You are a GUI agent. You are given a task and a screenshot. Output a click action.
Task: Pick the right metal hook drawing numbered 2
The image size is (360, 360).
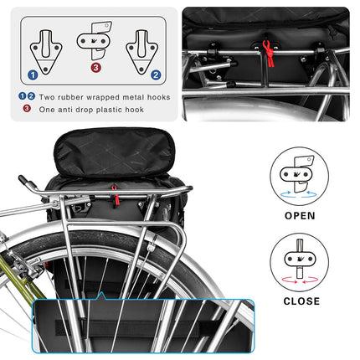(x=141, y=49)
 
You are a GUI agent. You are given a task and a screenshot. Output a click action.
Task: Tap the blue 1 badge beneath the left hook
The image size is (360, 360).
(x=32, y=74)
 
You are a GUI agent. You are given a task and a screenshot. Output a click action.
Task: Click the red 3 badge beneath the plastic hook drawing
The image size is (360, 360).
(x=95, y=67)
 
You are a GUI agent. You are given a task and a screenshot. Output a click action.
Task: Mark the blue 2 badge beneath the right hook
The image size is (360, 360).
(x=155, y=74)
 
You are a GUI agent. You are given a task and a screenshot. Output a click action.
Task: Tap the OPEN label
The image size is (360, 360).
(x=300, y=215)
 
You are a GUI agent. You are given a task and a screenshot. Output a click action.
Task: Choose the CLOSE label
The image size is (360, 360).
(x=299, y=301)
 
